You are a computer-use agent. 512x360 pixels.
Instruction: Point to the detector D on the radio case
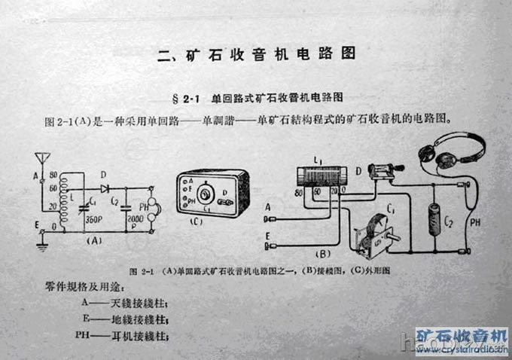coord(226,200)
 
